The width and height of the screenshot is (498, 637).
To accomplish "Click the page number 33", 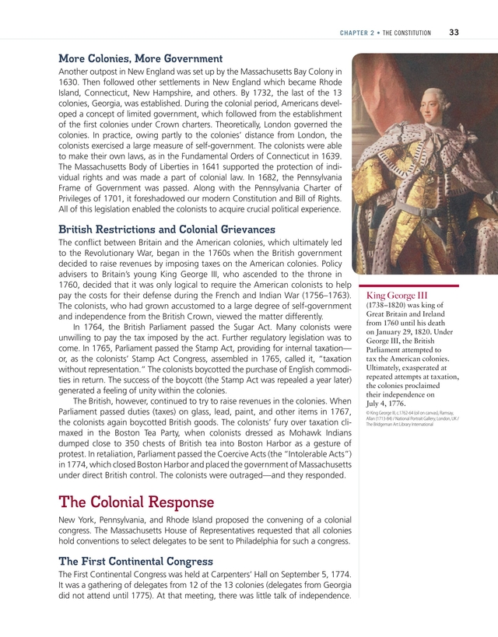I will point(454,32).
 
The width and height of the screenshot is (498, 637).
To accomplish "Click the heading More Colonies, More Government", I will point(141,58).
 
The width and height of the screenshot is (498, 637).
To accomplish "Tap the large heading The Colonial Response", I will point(135,502).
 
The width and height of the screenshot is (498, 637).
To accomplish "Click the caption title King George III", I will point(397,296).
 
